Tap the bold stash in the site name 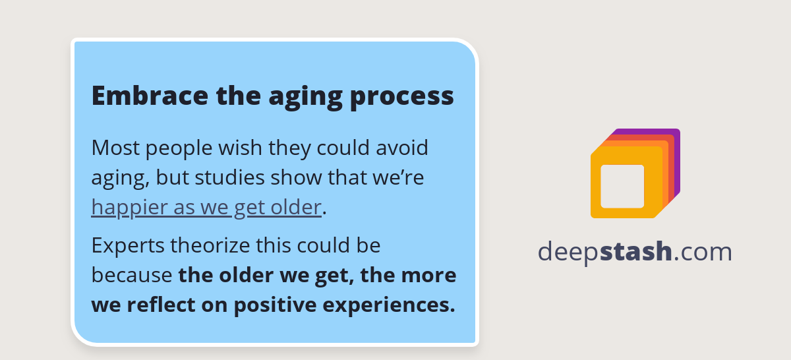point(636,252)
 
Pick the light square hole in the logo point(622,186)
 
